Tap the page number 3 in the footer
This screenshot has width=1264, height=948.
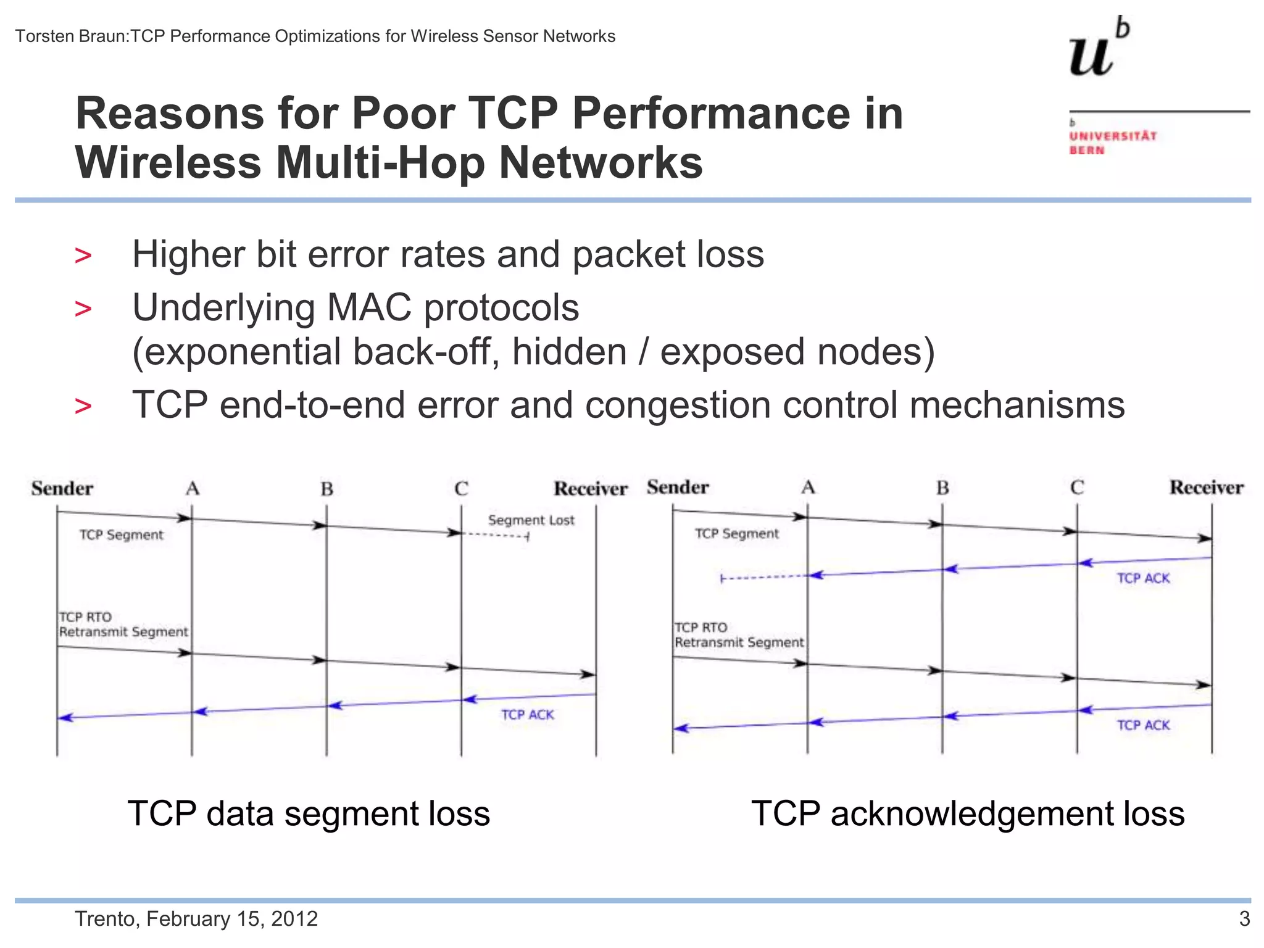point(1244,919)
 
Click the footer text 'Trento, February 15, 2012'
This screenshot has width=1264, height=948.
point(196,919)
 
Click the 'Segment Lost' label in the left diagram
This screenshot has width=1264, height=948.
point(531,520)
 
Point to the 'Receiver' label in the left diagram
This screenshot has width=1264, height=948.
point(590,489)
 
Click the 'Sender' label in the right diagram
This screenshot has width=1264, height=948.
point(678,488)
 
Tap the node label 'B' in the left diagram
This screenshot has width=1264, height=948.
point(326,489)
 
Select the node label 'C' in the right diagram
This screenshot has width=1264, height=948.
point(1077,488)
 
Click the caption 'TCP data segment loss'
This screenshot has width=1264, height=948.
point(309,813)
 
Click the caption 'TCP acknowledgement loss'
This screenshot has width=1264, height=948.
point(968,813)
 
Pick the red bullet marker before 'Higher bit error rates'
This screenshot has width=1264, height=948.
point(83,256)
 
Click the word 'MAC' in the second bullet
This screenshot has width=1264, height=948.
point(368,308)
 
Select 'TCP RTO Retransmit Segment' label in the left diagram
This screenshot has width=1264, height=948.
point(122,625)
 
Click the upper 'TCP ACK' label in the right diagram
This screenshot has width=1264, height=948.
point(1143,578)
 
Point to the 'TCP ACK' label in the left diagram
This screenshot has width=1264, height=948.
point(527,715)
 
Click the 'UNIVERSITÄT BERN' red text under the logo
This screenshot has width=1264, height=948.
point(1112,143)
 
